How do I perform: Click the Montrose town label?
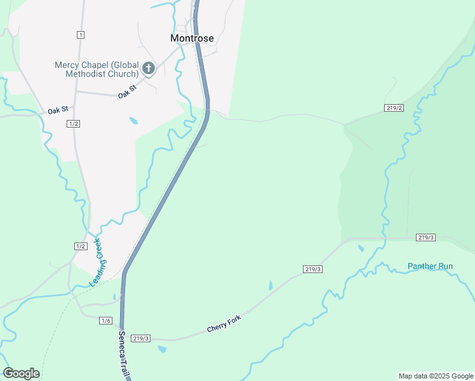click(x=192, y=38)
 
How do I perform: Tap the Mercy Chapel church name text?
click(x=97, y=69)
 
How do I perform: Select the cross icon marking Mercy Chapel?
click(x=149, y=69)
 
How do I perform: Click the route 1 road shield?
click(x=80, y=34)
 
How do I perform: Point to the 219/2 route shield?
click(x=394, y=108)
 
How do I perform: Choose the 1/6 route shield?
click(x=105, y=321)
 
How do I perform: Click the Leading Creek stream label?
click(x=97, y=262)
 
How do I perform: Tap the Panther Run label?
click(x=431, y=266)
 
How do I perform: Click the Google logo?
click(x=21, y=373)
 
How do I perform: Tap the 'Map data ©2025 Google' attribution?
click(x=436, y=376)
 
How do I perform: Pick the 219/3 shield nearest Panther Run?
click(x=426, y=237)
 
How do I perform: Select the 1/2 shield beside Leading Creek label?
click(x=81, y=246)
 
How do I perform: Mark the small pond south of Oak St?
click(x=133, y=120)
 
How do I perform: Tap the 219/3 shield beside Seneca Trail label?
click(x=141, y=338)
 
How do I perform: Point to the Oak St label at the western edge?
click(x=57, y=110)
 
